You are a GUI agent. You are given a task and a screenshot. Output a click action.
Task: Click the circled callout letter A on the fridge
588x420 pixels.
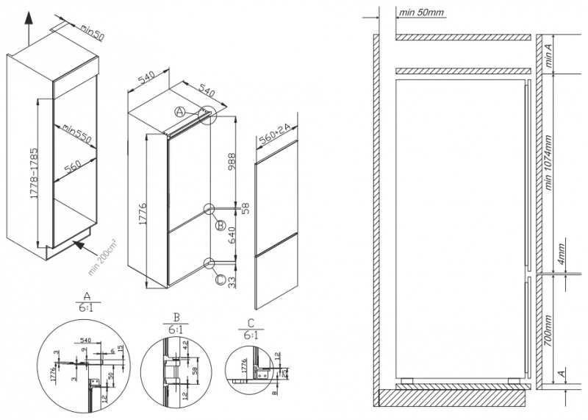pos(179,112)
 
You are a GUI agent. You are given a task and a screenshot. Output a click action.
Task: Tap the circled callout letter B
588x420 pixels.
pos(220,226)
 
